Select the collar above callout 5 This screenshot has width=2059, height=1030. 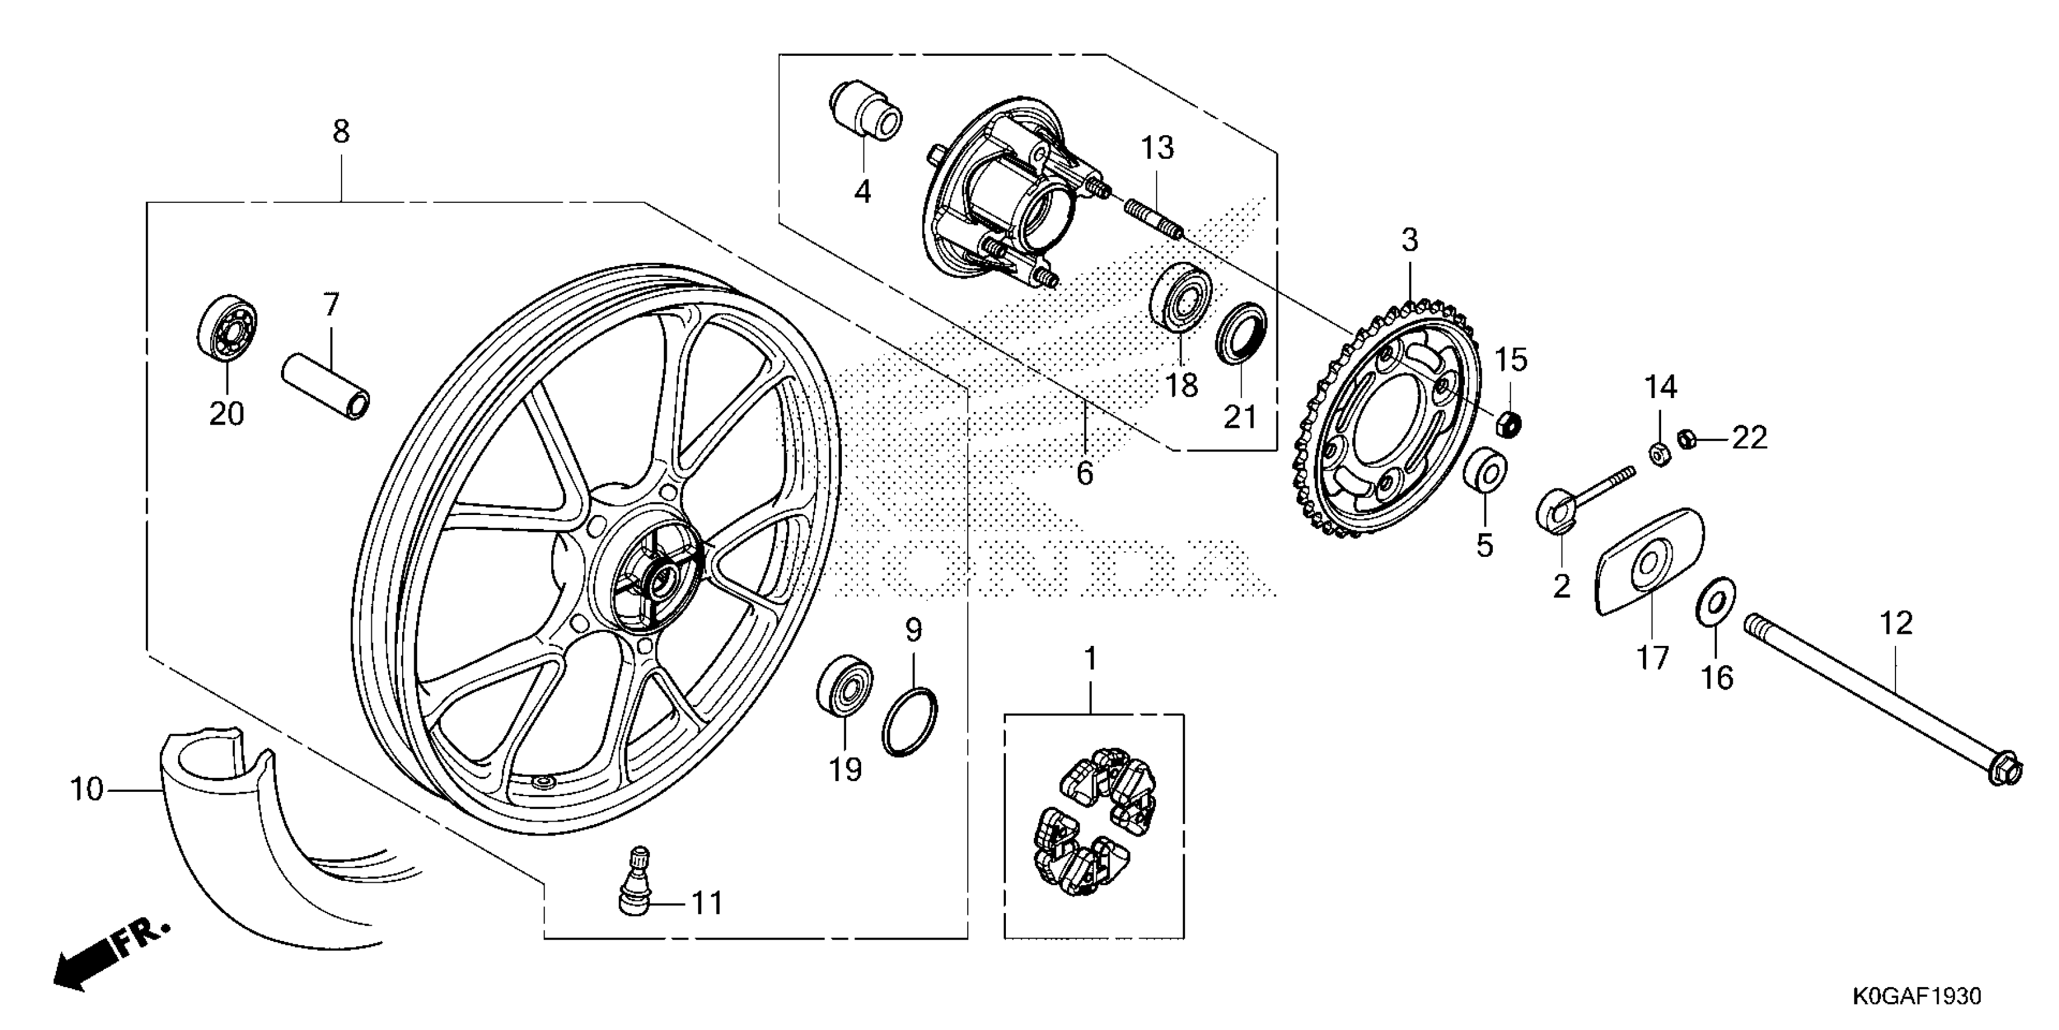click(x=1485, y=472)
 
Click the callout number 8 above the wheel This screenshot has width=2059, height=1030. click(x=342, y=131)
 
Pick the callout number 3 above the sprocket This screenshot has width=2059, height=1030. click(x=1409, y=240)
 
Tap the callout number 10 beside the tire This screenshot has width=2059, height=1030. click(x=87, y=790)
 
